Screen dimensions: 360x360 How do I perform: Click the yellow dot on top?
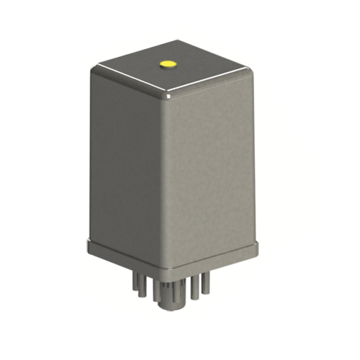[168, 64]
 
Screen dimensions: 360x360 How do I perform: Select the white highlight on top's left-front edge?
[130, 80]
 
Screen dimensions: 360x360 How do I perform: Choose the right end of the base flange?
[257, 246]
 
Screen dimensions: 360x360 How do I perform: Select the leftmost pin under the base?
[138, 285]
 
